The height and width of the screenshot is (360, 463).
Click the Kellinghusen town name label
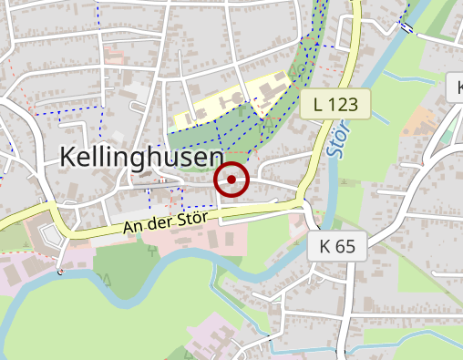pyautogui.click(x=141, y=156)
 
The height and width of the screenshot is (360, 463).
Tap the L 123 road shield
pyautogui.click(x=335, y=104)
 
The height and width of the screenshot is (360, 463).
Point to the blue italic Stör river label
pyautogui.click(x=339, y=137)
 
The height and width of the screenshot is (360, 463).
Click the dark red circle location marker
pyautogui.click(x=231, y=180)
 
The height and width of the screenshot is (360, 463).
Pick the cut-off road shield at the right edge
pyautogui.click(x=456, y=88)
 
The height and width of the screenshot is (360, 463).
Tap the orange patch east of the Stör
pyautogui.click(x=420, y=118)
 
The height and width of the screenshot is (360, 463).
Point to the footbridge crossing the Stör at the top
pyautogui.click(x=406, y=27)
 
